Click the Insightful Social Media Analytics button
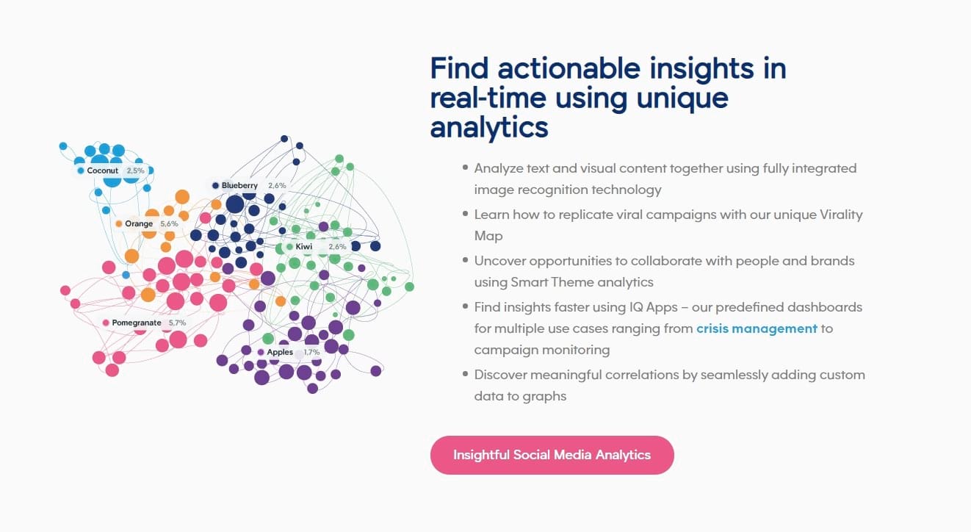coord(552,455)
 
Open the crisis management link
coord(757,328)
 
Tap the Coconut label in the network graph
coord(102,170)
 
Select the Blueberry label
coord(239,186)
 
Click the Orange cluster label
coord(139,223)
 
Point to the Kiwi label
coord(303,247)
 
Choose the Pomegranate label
coord(137,323)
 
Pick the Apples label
coord(280,352)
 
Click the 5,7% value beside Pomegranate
coord(177,323)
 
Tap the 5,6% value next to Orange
coord(169,223)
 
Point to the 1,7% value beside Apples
coord(311,352)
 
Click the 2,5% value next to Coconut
coord(135,170)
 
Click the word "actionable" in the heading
coord(568,68)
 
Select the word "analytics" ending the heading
coord(489,127)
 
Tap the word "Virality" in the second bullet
coord(840,215)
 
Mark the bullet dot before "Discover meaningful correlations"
coord(465,374)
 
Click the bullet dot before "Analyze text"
coord(465,168)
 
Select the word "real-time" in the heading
coord(488,98)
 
